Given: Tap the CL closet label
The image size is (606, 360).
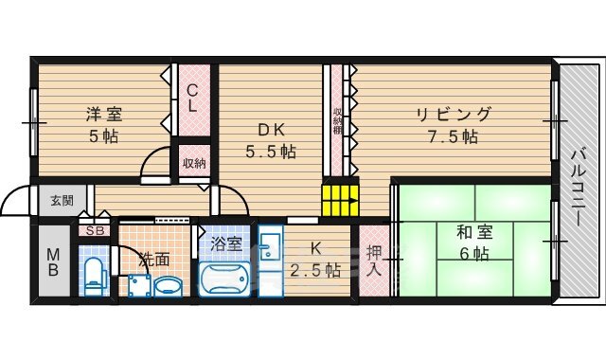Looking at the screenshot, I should [x=192, y=99].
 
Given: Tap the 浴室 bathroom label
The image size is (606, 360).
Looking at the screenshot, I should [x=226, y=243].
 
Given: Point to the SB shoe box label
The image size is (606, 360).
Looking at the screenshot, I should [x=96, y=230].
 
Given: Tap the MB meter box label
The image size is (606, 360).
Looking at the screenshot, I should [x=53, y=262].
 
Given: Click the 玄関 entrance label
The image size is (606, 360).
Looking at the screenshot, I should [x=62, y=200].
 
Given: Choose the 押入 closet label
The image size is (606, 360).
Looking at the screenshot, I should [x=373, y=261].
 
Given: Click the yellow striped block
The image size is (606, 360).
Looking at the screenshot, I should [x=340, y=200].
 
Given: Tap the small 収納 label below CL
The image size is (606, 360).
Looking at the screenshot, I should [x=194, y=162].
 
